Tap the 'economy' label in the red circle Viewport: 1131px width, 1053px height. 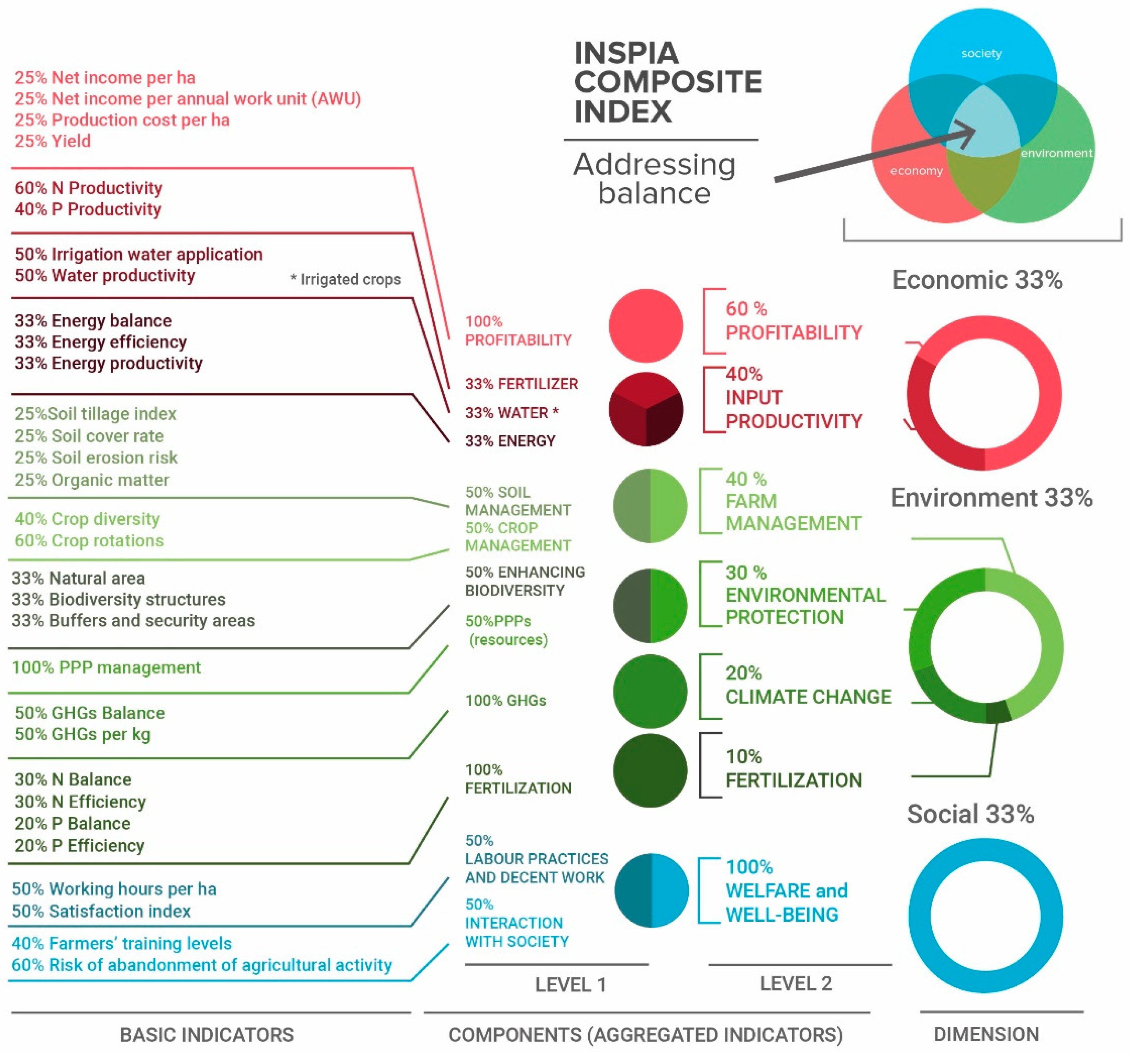tap(916, 171)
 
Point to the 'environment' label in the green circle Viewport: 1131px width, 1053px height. tap(1056, 153)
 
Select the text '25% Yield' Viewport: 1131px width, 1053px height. tap(52, 141)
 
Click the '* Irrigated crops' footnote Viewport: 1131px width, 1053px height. tap(345, 279)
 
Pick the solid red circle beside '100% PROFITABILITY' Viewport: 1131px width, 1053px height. tap(646, 326)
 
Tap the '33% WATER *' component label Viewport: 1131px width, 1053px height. tap(511, 413)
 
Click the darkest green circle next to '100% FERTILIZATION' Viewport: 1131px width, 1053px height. tap(650, 770)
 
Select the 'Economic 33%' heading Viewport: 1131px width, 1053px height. tap(977, 280)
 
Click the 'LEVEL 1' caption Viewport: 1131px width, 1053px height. tap(570, 985)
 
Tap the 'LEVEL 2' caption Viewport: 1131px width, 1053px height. tap(796, 983)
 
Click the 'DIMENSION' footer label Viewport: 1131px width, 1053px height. tap(986, 1034)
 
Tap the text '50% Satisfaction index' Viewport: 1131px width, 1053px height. tap(101, 911)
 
